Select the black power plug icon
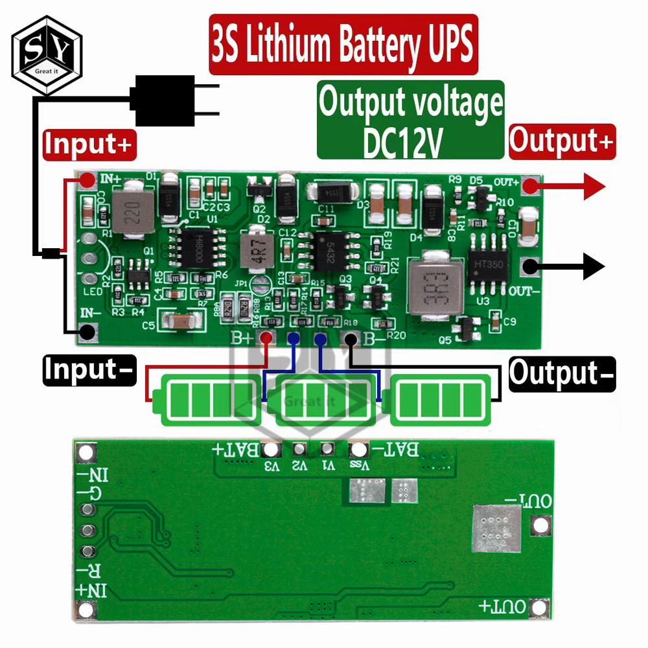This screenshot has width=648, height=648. pyautogui.click(x=170, y=100)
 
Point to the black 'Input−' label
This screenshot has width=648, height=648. pyautogui.click(x=89, y=371)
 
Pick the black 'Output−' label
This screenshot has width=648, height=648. pyautogui.click(x=562, y=374)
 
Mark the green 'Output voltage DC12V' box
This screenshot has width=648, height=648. pyautogui.click(x=410, y=120)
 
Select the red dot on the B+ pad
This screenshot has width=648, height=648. pyautogui.click(x=266, y=338)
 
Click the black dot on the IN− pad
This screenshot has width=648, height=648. pyautogui.click(x=87, y=332)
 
